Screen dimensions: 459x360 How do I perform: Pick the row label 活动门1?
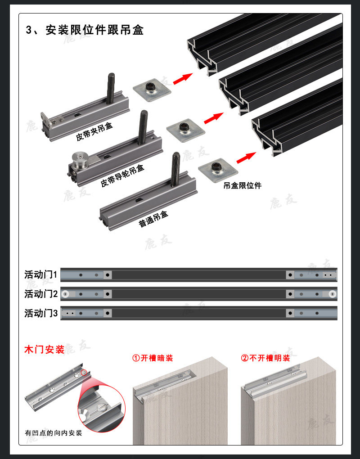point(41,274)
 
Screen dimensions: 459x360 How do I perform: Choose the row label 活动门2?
point(41,294)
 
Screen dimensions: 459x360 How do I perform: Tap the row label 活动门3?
point(41,313)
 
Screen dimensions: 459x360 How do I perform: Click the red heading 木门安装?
point(44,349)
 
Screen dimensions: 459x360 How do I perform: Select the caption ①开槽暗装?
point(152,358)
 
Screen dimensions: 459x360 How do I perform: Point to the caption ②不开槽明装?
point(265,358)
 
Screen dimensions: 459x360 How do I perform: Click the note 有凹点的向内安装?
point(54,433)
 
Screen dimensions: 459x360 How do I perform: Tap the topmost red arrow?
point(182,79)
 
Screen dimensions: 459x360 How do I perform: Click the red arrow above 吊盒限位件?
point(246,157)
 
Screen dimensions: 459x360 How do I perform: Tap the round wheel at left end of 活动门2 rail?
point(66,294)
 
